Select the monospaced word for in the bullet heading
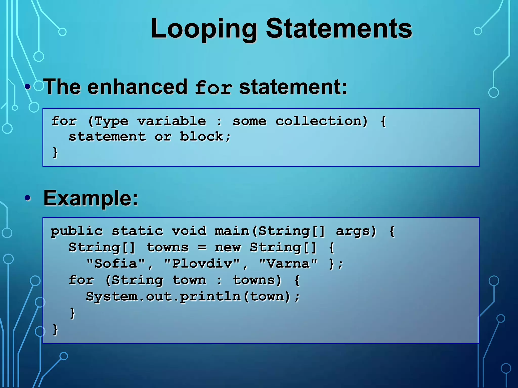pyautogui.click(x=213, y=88)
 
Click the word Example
pyautogui.click(x=91, y=198)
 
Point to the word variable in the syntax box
pyautogui.click(x=172, y=121)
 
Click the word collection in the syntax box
pyautogui.click(x=321, y=121)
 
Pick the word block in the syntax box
pyautogui.click(x=202, y=137)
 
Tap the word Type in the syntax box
pyautogui.click(x=111, y=122)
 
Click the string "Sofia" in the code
pyautogui.click(x=116, y=264)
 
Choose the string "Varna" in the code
pyautogui.click(x=288, y=264)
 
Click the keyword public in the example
pyautogui.click(x=77, y=231)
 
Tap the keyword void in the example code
pyautogui.click(x=189, y=231)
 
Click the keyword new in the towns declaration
pyautogui.click(x=228, y=247)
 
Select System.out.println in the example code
pyautogui.click(x=163, y=296)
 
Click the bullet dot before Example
pyautogui.click(x=28, y=198)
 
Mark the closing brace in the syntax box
pyautogui.click(x=55, y=153)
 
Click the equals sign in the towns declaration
pyautogui.click(x=202, y=247)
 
